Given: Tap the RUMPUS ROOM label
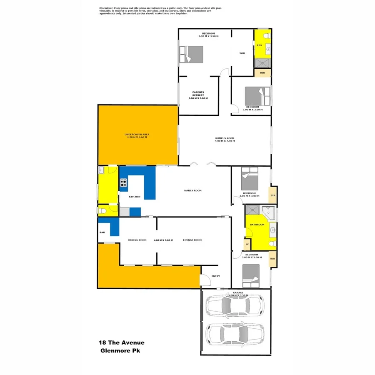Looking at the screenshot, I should click(x=225, y=138).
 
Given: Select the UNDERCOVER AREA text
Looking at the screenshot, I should click(x=137, y=135).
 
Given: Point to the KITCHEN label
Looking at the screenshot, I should click(x=134, y=197).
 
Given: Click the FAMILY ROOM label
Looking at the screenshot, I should click(x=192, y=190).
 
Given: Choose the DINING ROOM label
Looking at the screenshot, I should click(x=137, y=240).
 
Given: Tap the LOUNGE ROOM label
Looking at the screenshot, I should click(x=192, y=240).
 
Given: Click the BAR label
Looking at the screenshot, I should click(x=102, y=232).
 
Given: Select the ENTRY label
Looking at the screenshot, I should click(x=215, y=276).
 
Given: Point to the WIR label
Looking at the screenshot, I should click(x=242, y=53).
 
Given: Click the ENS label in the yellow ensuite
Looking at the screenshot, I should click(x=259, y=45).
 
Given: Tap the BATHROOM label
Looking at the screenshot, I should click(x=257, y=225).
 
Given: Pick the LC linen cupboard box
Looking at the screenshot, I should click(x=247, y=244).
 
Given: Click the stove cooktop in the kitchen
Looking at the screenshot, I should click(x=124, y=182).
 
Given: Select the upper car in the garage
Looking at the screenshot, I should click(x=235, y=306).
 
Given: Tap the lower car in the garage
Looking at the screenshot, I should click(x=235, y=334).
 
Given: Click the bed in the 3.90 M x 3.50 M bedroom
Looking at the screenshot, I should click(x=191, y=54).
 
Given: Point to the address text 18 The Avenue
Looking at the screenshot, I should click(x=122, y=342).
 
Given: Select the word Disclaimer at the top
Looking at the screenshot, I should click(x=107, y=8).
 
